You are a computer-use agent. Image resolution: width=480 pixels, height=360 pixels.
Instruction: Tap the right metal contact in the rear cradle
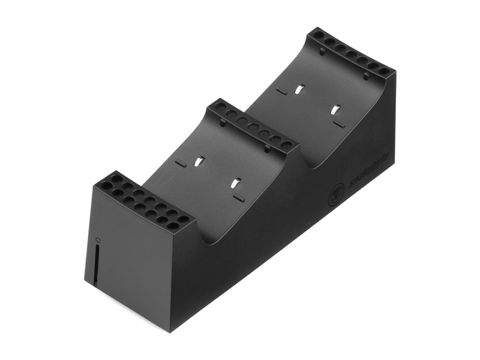336,110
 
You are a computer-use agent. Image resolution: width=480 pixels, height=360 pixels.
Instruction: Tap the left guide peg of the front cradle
223,123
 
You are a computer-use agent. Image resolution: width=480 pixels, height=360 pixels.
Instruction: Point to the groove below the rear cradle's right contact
339,124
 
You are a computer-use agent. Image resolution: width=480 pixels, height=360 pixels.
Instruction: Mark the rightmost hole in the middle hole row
287,145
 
